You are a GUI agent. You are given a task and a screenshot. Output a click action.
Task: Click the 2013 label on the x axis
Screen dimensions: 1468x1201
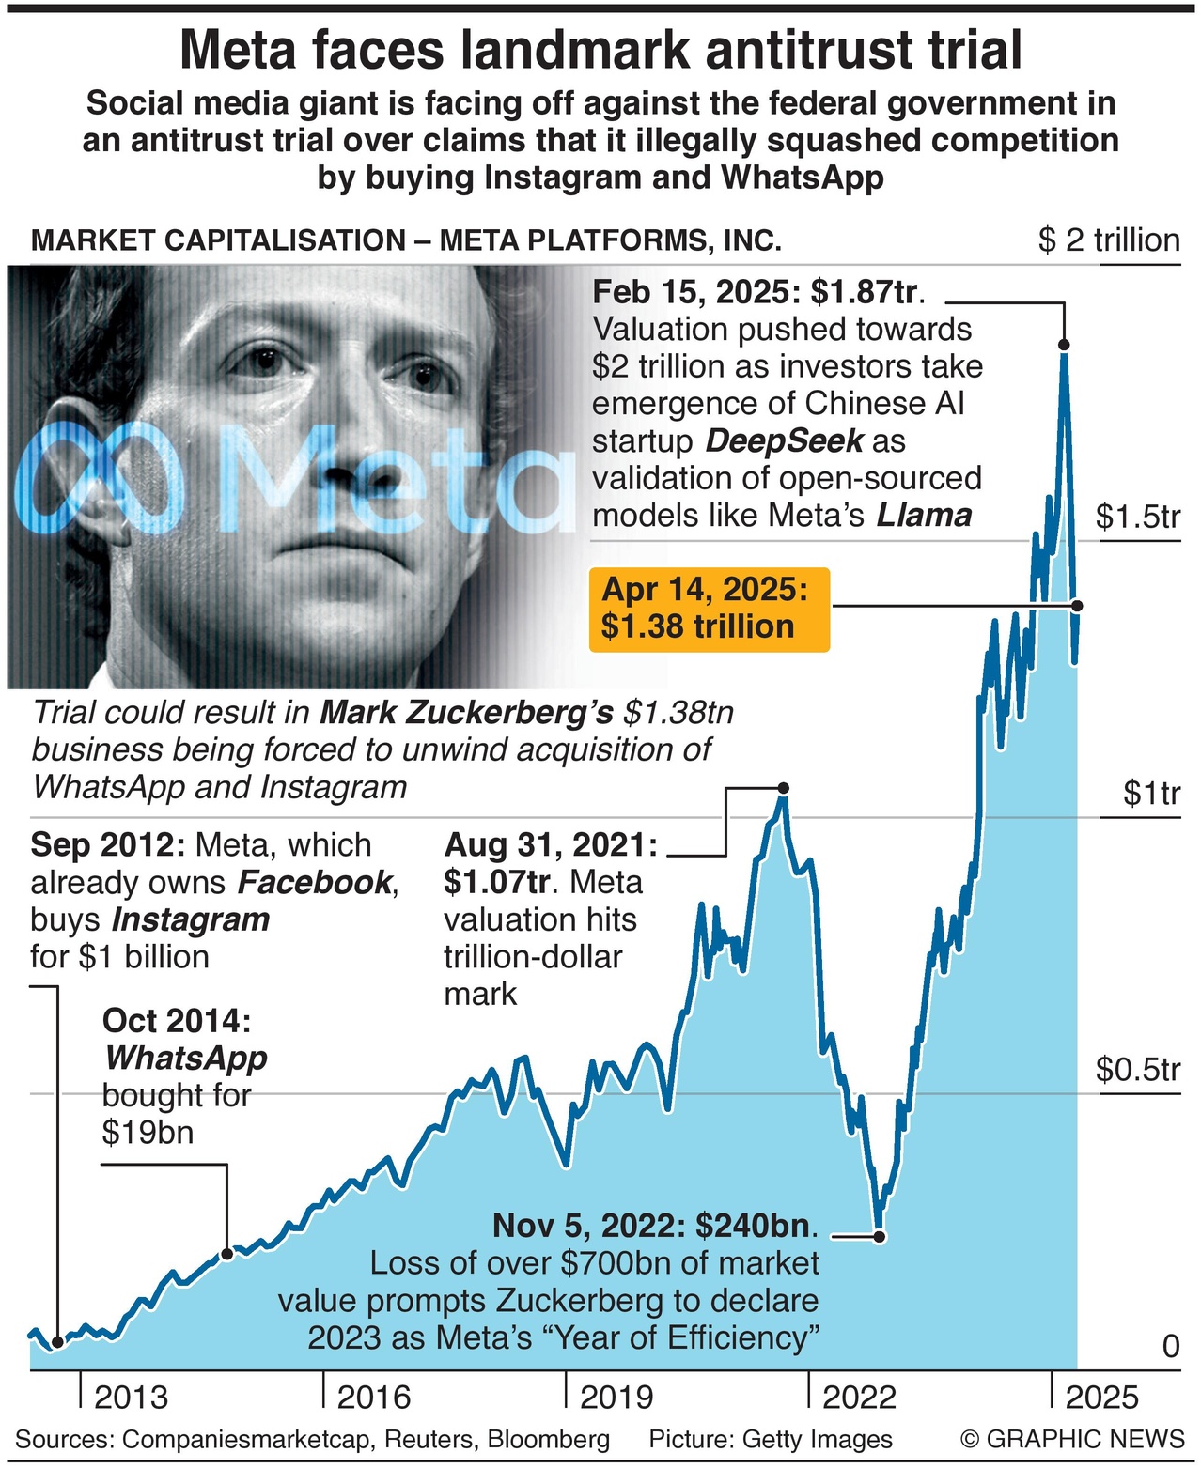point(131,1397)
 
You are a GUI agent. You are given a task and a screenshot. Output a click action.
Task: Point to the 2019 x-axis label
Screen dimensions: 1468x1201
point(616,1397)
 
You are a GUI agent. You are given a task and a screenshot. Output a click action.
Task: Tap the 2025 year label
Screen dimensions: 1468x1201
point(1101,1397)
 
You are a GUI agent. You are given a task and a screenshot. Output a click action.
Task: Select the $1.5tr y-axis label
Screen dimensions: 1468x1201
point(1137,517)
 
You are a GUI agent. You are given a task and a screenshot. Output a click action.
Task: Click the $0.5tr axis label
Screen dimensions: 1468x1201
point(1137,1069)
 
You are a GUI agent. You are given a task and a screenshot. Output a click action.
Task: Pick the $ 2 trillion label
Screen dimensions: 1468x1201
point(1109,240)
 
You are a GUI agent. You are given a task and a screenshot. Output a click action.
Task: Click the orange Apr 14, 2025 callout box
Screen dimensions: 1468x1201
point(710,609)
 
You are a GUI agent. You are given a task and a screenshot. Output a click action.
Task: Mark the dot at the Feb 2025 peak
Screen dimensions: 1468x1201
point(1064,345)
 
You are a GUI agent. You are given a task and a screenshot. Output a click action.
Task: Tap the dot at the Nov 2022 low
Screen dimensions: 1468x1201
point(880,1236)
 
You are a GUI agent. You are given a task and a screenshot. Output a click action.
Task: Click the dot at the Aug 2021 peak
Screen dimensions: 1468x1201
point(784,787)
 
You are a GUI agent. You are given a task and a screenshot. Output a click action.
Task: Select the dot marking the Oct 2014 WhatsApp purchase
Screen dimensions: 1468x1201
point(226,1253)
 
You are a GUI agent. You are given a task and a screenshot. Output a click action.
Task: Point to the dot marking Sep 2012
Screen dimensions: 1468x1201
point(57,1343)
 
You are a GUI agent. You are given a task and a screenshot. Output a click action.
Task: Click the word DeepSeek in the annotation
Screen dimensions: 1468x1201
point(784,440)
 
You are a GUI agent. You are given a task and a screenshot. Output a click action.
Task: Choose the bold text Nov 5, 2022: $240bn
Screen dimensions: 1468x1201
point(655,1226)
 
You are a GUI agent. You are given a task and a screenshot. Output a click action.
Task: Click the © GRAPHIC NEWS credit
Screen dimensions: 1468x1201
point(1072,1439)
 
